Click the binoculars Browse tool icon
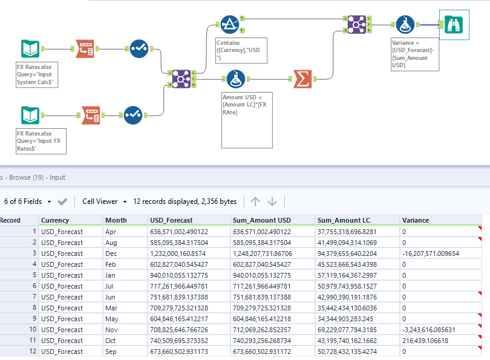[453, 25]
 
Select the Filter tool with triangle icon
[229, 25]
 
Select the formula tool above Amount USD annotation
[235, 79]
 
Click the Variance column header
[416, 220]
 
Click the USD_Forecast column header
[172, 220]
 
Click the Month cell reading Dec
[111, 253]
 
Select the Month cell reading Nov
[111, 329]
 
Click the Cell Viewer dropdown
[105, 201]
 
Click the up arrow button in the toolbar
[255, 201]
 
